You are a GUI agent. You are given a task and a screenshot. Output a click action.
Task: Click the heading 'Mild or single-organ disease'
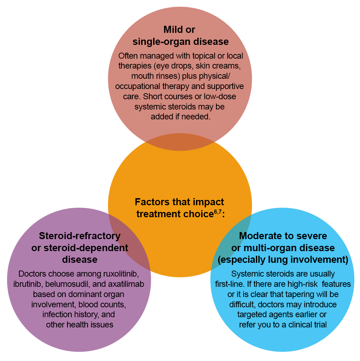(180, 35)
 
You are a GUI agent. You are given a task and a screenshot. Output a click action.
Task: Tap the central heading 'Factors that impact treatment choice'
(179, 208)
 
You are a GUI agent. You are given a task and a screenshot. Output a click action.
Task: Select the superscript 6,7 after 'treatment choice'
(217, 212)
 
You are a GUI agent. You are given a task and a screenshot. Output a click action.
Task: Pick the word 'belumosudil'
(64, 284)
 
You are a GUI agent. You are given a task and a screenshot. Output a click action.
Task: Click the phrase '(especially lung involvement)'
(283, 260)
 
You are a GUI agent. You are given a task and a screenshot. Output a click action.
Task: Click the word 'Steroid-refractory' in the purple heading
(80, 236)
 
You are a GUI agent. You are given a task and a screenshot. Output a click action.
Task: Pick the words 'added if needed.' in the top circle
(180, 117)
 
